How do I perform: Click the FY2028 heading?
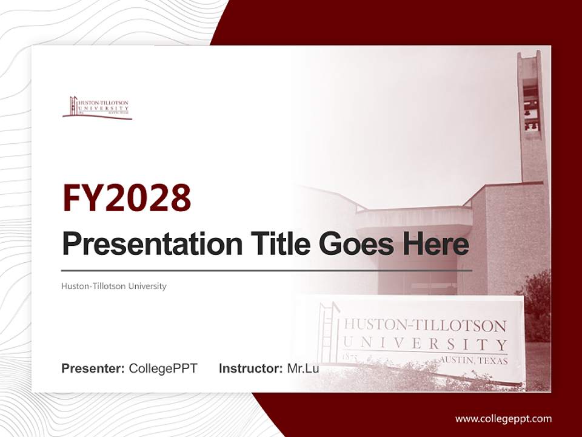(x=127, y=198)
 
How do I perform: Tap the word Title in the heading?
(x=276, y=243)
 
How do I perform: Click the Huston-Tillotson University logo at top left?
(x=97, y=107)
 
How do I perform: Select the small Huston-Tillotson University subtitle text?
(x=114, y=286)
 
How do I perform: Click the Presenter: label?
(x=93, y=368)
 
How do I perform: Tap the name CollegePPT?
(x=163, y=368)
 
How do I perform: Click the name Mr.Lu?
(x=303, y=368)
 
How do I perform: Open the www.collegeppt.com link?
(x=503, y=418)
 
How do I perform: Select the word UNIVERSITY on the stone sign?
(x=424, y=344)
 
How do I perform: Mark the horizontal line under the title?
(x=267, y=270)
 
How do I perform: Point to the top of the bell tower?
(x=529, y=56)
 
